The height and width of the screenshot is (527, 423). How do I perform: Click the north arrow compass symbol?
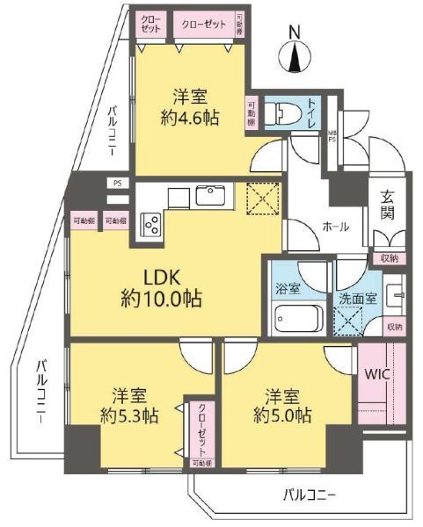295,59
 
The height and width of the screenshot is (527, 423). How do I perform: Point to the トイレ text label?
312,114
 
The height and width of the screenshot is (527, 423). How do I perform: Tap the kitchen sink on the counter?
211,194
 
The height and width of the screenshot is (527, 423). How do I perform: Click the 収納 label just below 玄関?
389,258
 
